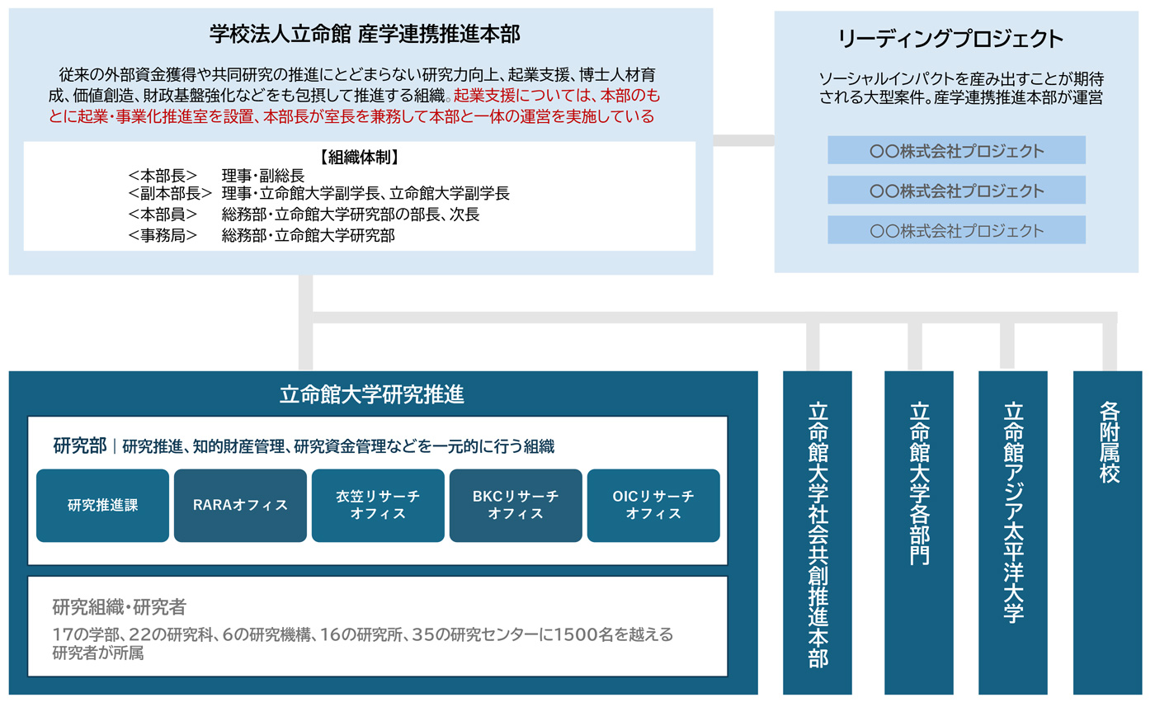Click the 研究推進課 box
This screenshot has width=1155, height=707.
point(102,506)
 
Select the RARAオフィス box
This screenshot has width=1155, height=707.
point(240,506)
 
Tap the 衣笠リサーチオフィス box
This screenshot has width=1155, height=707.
point(378,506)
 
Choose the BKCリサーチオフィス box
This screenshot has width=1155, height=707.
point(516,506)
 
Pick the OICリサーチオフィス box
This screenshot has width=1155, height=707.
point(653,506)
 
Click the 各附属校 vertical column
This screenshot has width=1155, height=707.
point(1107,533)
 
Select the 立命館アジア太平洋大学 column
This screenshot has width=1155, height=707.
point(1013,533)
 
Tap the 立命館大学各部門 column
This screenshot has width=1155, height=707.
point(919,533)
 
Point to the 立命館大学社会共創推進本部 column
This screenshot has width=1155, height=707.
point(818,533)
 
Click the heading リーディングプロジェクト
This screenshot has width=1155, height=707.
point(950,39)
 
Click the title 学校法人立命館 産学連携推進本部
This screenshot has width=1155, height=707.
point(365,34)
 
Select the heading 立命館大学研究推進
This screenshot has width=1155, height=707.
point(372,394)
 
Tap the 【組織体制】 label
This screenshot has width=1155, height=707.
point(359,158)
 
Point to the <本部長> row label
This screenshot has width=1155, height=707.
point(163,176)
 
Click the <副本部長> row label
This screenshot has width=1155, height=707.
point(170,193)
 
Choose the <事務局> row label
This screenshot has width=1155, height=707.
point(163,236)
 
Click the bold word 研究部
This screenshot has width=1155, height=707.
point(80,445)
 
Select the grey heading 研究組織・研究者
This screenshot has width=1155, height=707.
point(119,607)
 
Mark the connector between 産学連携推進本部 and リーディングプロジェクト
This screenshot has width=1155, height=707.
point(743,140)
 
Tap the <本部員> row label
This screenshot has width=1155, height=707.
point(163,214)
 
